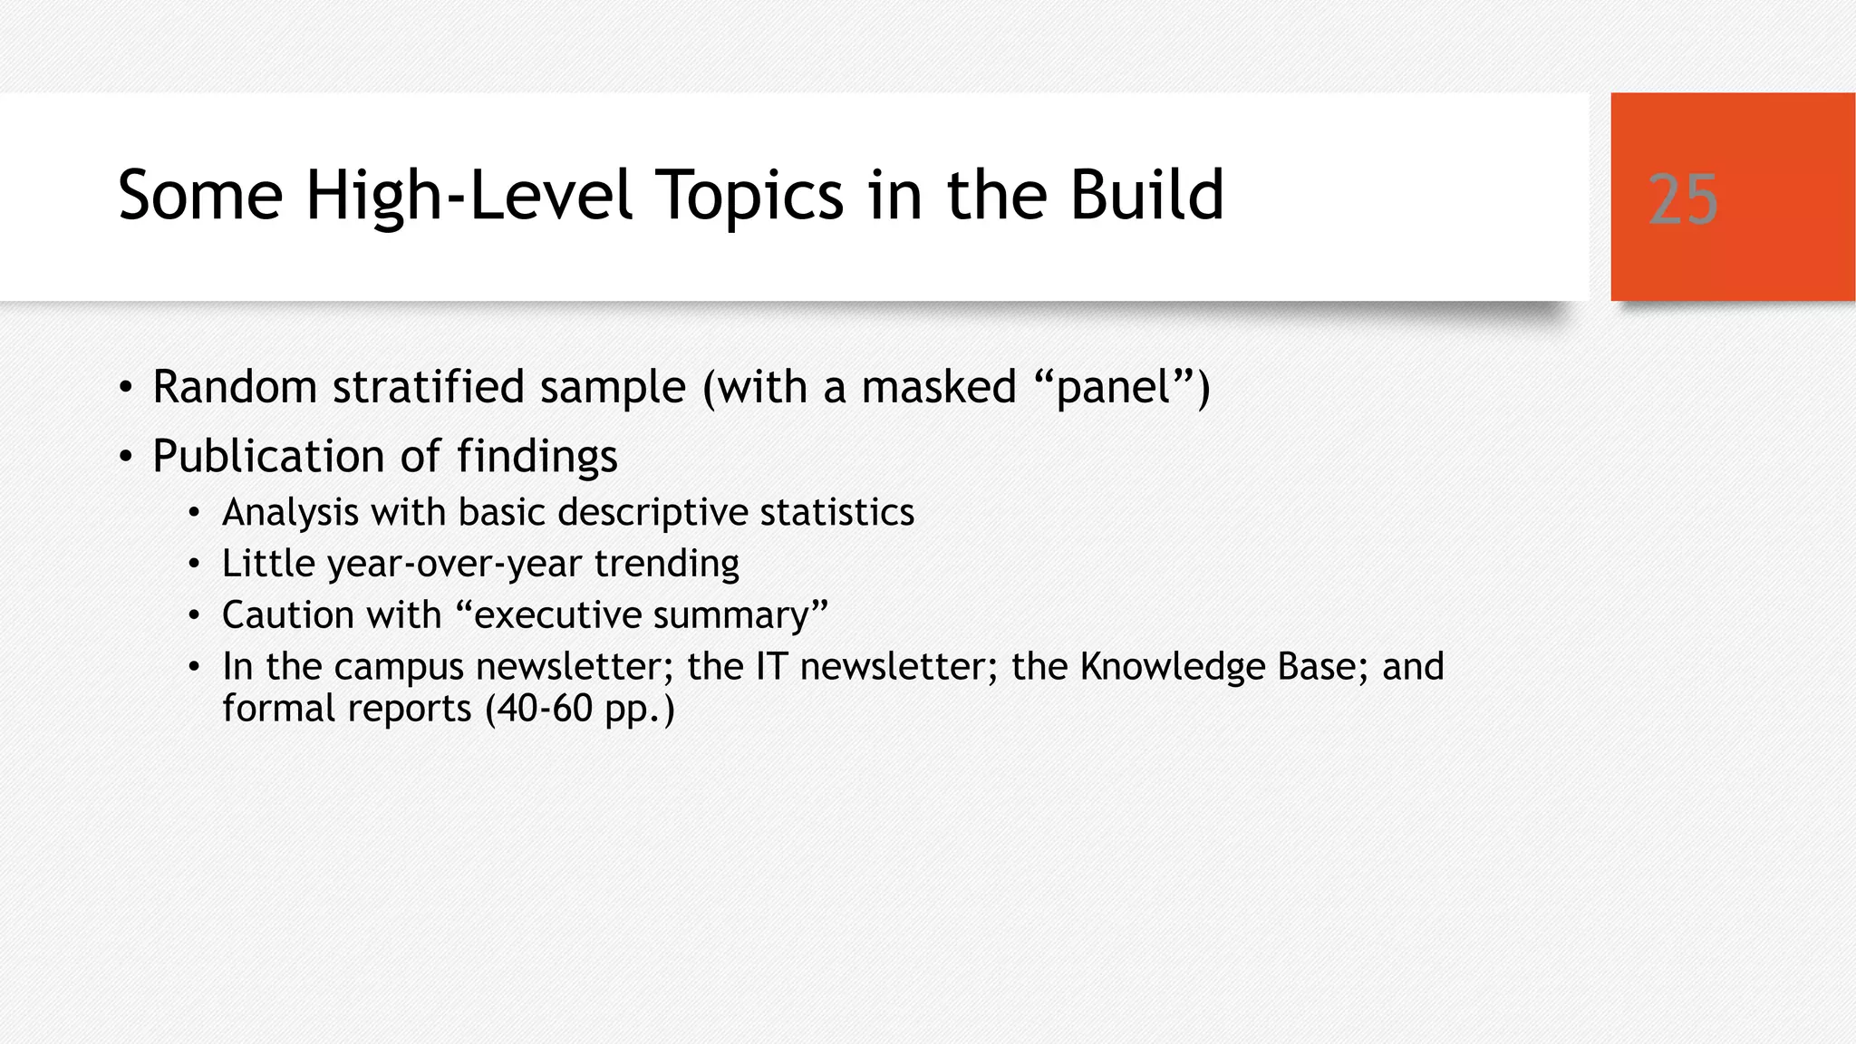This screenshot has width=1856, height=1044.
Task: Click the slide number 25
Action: tap(1683, 199)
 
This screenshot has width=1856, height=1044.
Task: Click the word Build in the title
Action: tap(1146, 196)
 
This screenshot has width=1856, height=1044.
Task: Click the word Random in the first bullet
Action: tap(235, 387)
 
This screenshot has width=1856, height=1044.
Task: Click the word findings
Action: tap(536, 456)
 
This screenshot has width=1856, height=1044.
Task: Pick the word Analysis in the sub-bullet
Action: tap(291, 513)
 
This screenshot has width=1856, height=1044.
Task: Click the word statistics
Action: tap(836, 513)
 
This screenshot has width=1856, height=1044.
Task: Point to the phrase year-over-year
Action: tap(454, 565)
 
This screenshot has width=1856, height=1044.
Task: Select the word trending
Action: tap(666, 565)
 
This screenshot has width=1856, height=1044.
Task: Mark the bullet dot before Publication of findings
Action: tap(126, 457)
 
